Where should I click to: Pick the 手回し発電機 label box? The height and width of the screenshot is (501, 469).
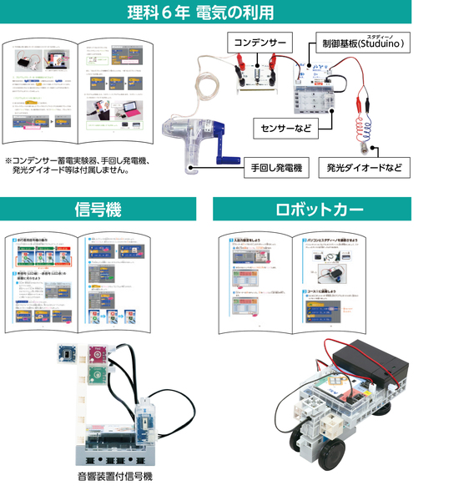(275, 168)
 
